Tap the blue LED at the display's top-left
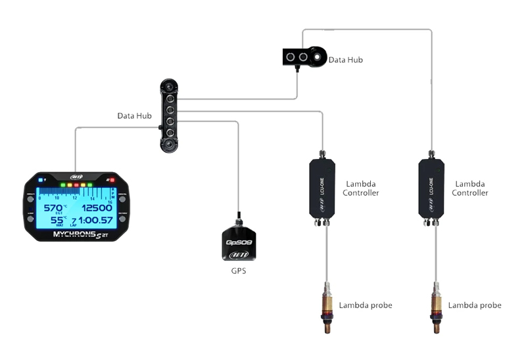[41, 179]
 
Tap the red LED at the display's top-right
[112, 179]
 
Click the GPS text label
[238, 271]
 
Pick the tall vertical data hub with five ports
[169, 116]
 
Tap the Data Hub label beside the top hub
[346, 60]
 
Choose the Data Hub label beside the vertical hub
[135, 116]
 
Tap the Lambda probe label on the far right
[475, 305]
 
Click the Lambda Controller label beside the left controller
[361, 189]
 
